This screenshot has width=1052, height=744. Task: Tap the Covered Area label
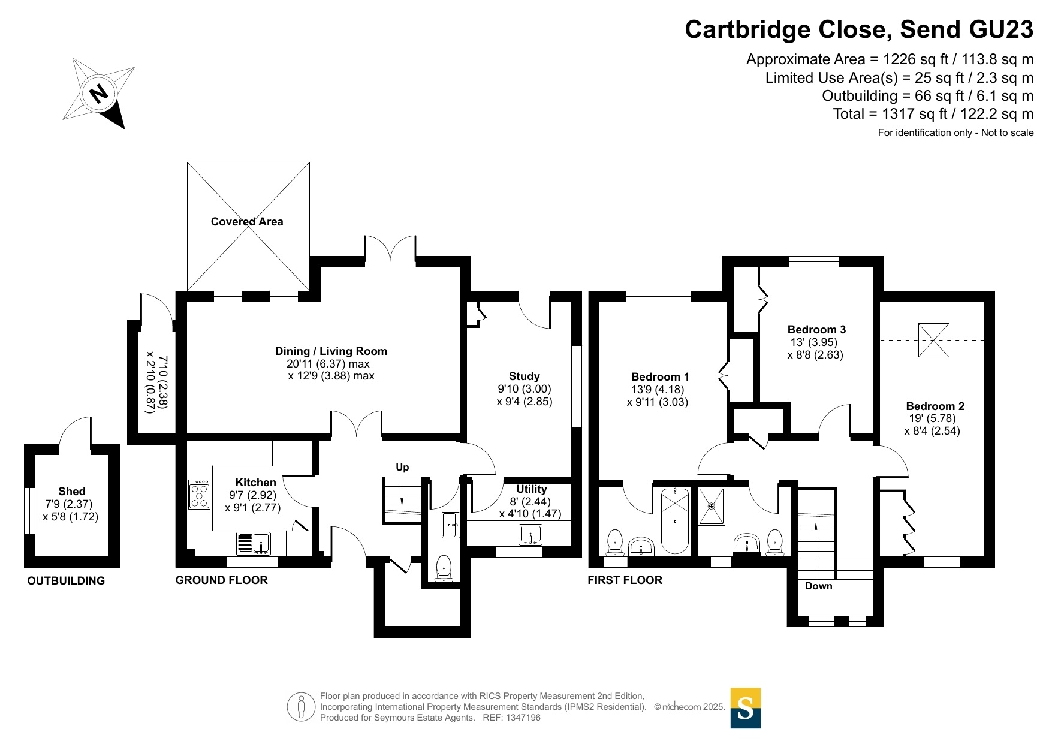point(247,222)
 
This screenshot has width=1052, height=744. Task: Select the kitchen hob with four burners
point(199,495)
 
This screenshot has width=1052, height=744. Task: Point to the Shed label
point(72,492)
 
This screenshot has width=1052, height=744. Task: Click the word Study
point(524,376)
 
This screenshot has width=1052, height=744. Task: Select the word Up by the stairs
point(402,468)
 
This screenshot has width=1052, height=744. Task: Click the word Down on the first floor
point(818,586)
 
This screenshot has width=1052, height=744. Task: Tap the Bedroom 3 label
point(816,330)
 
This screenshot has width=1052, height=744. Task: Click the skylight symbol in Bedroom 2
point(933,341)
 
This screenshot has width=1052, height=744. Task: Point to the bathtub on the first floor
point(675,522)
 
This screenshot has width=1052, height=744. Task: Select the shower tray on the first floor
point(712,507)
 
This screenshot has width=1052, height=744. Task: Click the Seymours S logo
point(745,708)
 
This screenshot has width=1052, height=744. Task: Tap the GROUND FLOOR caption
point(221,580)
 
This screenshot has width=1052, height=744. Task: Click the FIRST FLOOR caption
point(625,580)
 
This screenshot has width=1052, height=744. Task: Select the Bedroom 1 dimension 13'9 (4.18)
point(656,390)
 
